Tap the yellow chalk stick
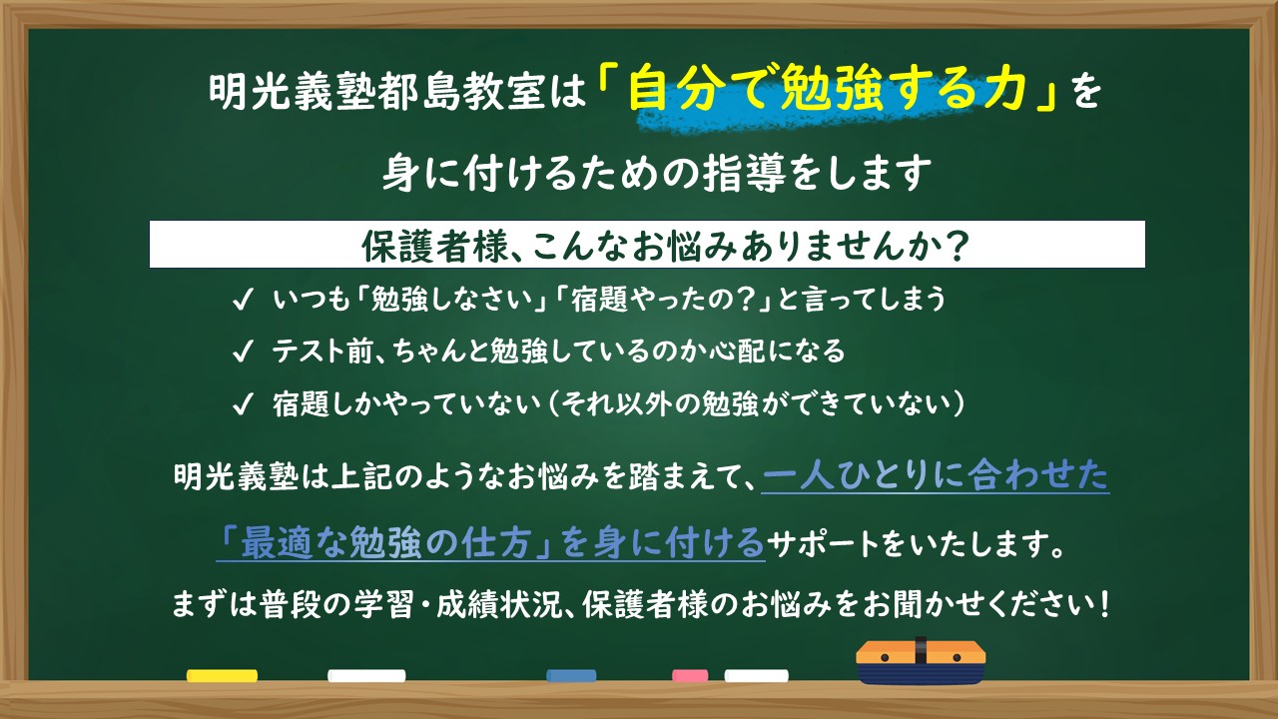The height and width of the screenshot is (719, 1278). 222,676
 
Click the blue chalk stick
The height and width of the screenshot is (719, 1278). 571,676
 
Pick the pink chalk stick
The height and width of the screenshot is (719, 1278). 690,676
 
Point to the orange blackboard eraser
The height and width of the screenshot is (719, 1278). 921,663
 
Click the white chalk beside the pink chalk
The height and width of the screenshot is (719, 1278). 756,676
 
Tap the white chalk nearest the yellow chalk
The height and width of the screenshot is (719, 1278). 366,676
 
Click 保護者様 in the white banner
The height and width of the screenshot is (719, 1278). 399,246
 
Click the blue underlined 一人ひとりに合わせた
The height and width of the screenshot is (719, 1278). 936,477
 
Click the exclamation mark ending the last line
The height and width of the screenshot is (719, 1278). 1102,605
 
